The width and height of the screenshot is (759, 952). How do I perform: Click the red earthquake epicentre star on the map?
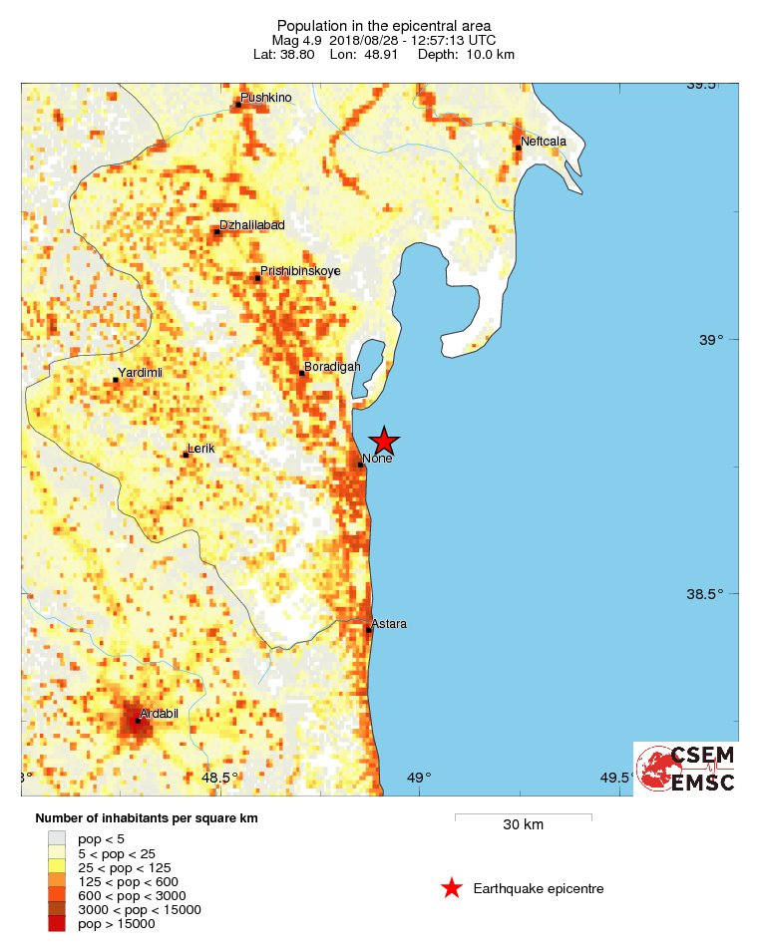coord(384,442)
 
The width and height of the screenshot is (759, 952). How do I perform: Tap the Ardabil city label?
coord(160,713)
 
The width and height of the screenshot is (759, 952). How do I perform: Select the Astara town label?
coord(389,624)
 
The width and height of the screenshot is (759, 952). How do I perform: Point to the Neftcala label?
coord(544,142)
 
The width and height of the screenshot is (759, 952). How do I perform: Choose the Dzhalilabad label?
coord(251,225)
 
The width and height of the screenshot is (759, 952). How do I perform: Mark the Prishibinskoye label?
coord(300,271)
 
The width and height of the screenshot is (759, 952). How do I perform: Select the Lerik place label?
coord(201,450)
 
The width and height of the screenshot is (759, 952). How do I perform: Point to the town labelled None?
coord(377,459)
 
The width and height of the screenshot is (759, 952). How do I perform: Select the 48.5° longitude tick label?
coord(219,778)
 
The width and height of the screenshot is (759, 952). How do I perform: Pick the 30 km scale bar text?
coord(523,824)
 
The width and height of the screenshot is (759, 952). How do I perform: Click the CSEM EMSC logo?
coord(687,769)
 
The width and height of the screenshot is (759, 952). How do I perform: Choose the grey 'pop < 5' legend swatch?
coord(58,838)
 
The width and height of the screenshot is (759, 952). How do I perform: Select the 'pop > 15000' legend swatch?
coord(58,924)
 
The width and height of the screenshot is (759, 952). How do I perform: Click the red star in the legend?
coord(452,888)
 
